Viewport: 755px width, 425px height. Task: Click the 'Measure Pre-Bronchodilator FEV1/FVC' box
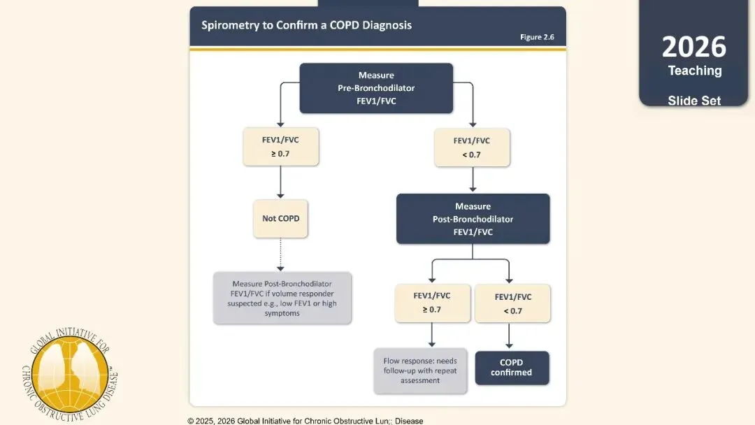[376, 88]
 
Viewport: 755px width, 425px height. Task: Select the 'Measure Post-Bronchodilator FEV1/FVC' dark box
[473, 219]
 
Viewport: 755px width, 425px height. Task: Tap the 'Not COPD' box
[281, 219]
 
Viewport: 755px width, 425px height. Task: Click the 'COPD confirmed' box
[512, 368]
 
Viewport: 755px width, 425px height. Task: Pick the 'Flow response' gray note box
[420, 370]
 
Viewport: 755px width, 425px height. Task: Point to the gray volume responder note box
[282, 298]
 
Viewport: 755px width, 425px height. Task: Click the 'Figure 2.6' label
[537, 37]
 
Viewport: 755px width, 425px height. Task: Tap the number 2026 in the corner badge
[694, 47]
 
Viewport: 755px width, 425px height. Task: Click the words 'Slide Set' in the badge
[694, 101]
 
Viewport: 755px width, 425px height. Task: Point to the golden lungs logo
[71, 374]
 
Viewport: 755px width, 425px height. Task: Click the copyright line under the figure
[305, 421]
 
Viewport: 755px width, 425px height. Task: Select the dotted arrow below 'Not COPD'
[281, 254]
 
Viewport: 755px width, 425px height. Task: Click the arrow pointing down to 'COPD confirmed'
[509, 336]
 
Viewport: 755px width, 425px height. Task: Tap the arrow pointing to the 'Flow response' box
[432, 335]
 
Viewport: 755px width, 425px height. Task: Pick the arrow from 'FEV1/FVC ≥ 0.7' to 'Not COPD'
[281, 182]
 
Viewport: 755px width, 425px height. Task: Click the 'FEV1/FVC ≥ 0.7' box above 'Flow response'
[433, 303]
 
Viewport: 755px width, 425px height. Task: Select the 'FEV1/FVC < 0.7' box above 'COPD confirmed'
[513, 303]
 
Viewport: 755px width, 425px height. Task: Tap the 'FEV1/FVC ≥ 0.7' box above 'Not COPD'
[281, 147]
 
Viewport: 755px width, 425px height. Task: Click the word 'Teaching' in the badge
[695, 71]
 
